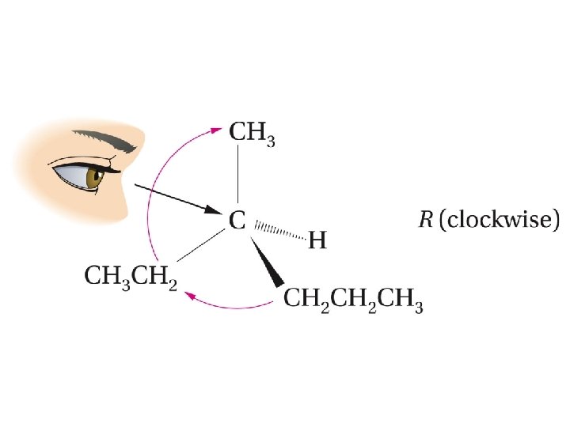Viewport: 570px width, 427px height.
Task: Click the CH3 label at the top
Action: click(252, 132)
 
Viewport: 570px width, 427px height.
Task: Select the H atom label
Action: click(317, 240)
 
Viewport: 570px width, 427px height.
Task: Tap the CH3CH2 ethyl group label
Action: click(130, 277)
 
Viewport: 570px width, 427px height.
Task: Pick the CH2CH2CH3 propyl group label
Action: click(352, 301)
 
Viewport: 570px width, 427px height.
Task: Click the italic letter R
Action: click(426, 219)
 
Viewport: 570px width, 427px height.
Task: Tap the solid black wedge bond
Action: click(268, 261)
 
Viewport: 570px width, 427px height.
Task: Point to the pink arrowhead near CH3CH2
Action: click(190, 295)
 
